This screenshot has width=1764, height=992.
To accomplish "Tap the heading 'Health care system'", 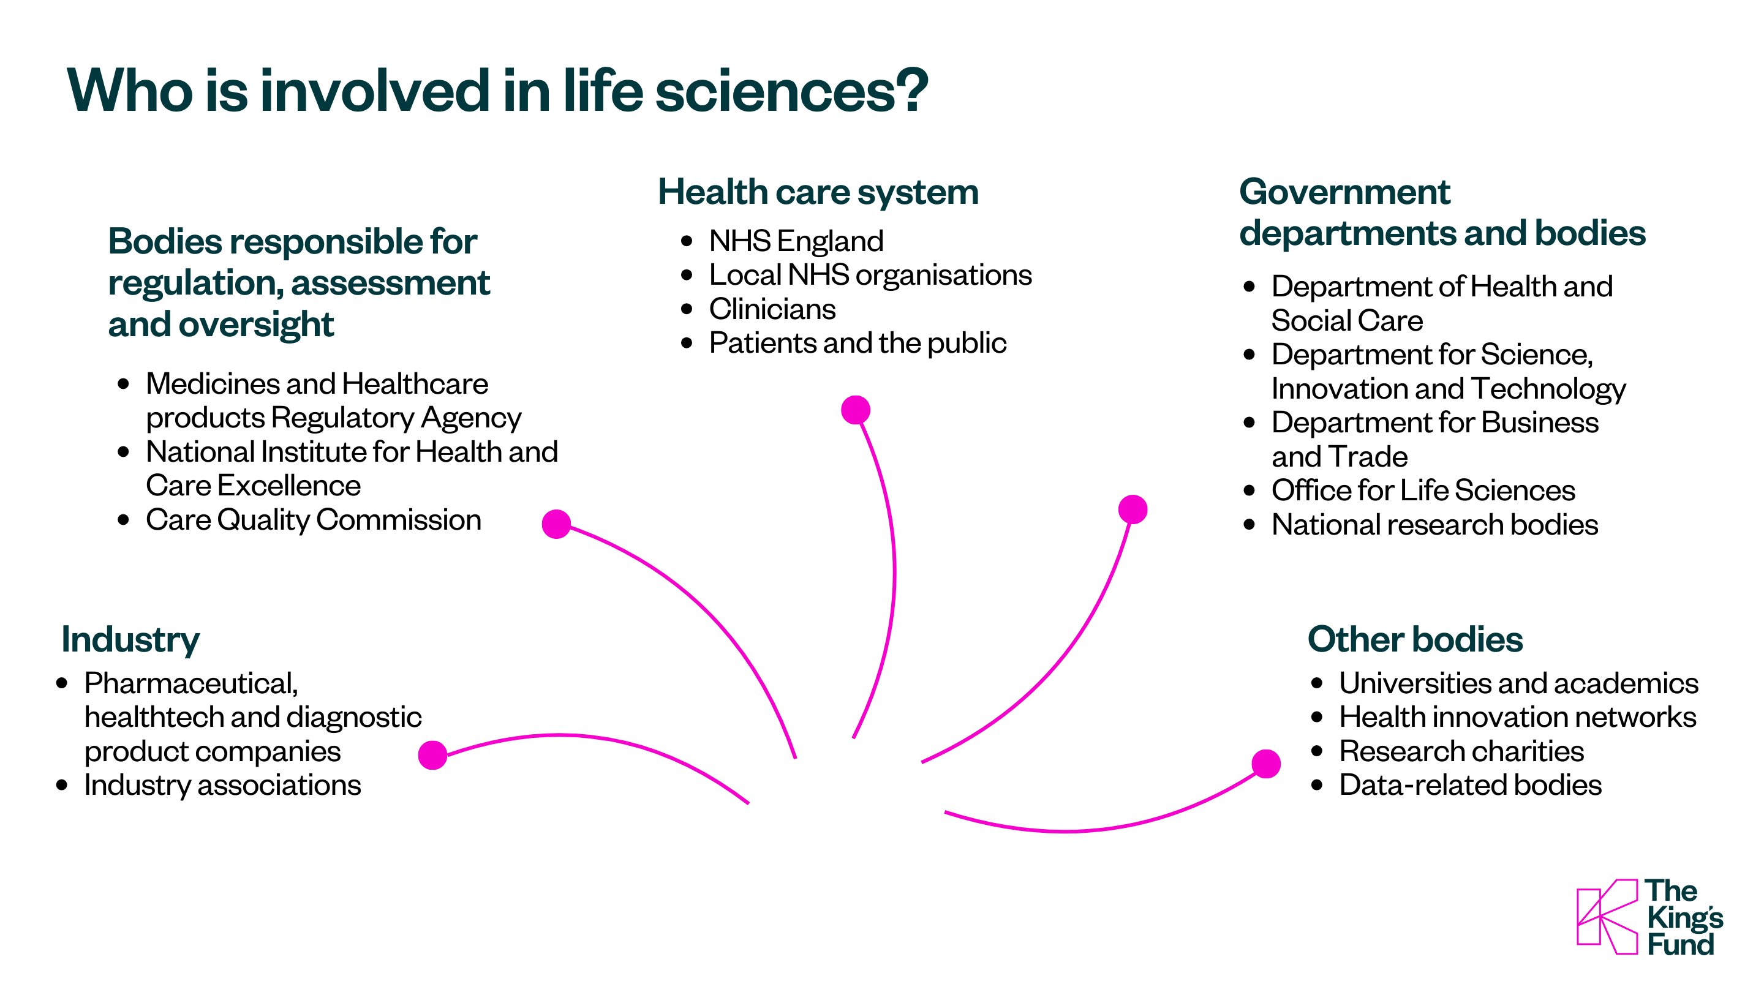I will point(818,192).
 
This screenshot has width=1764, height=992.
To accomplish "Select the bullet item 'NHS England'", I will point(796,241).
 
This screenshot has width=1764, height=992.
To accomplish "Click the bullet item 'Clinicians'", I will point(772,309).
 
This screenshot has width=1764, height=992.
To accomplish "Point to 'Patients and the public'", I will point(857,343).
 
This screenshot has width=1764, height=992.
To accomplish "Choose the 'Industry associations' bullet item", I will point(222,784).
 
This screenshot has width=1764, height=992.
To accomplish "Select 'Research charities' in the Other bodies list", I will point(1461,751).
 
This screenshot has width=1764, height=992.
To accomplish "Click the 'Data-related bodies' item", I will point(1469,784).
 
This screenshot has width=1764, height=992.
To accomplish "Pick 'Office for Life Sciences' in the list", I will point(1422,490).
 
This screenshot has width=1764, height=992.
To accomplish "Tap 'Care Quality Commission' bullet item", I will point(313,520).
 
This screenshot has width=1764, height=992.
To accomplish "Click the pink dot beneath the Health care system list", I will point(855,410).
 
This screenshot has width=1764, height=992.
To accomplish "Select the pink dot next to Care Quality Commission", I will point(556,524).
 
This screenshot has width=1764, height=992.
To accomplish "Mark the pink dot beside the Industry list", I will point(432,755).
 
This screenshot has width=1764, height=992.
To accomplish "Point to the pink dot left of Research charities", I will point(1265,764).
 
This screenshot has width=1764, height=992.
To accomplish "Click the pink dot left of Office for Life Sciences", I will point(1133,509).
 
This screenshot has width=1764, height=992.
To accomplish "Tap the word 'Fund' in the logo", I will point(1679,945).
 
